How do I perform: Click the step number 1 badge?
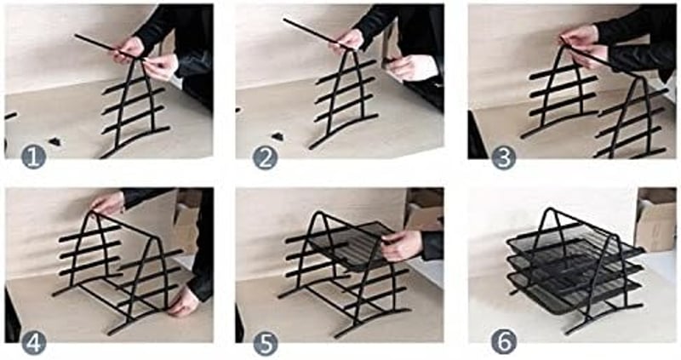[33, 157]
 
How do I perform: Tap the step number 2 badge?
[265, 157]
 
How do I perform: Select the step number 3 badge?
[504, 157]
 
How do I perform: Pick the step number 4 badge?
[33, 343]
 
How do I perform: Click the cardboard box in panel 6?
[655, 220]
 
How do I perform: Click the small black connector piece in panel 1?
[54, 141]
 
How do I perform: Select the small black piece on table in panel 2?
[278, 136]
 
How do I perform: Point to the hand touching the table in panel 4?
[184, 301]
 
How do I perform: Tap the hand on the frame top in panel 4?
[108, 203]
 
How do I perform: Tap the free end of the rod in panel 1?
[76, 36]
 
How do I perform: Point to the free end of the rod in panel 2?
[285, 20]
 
